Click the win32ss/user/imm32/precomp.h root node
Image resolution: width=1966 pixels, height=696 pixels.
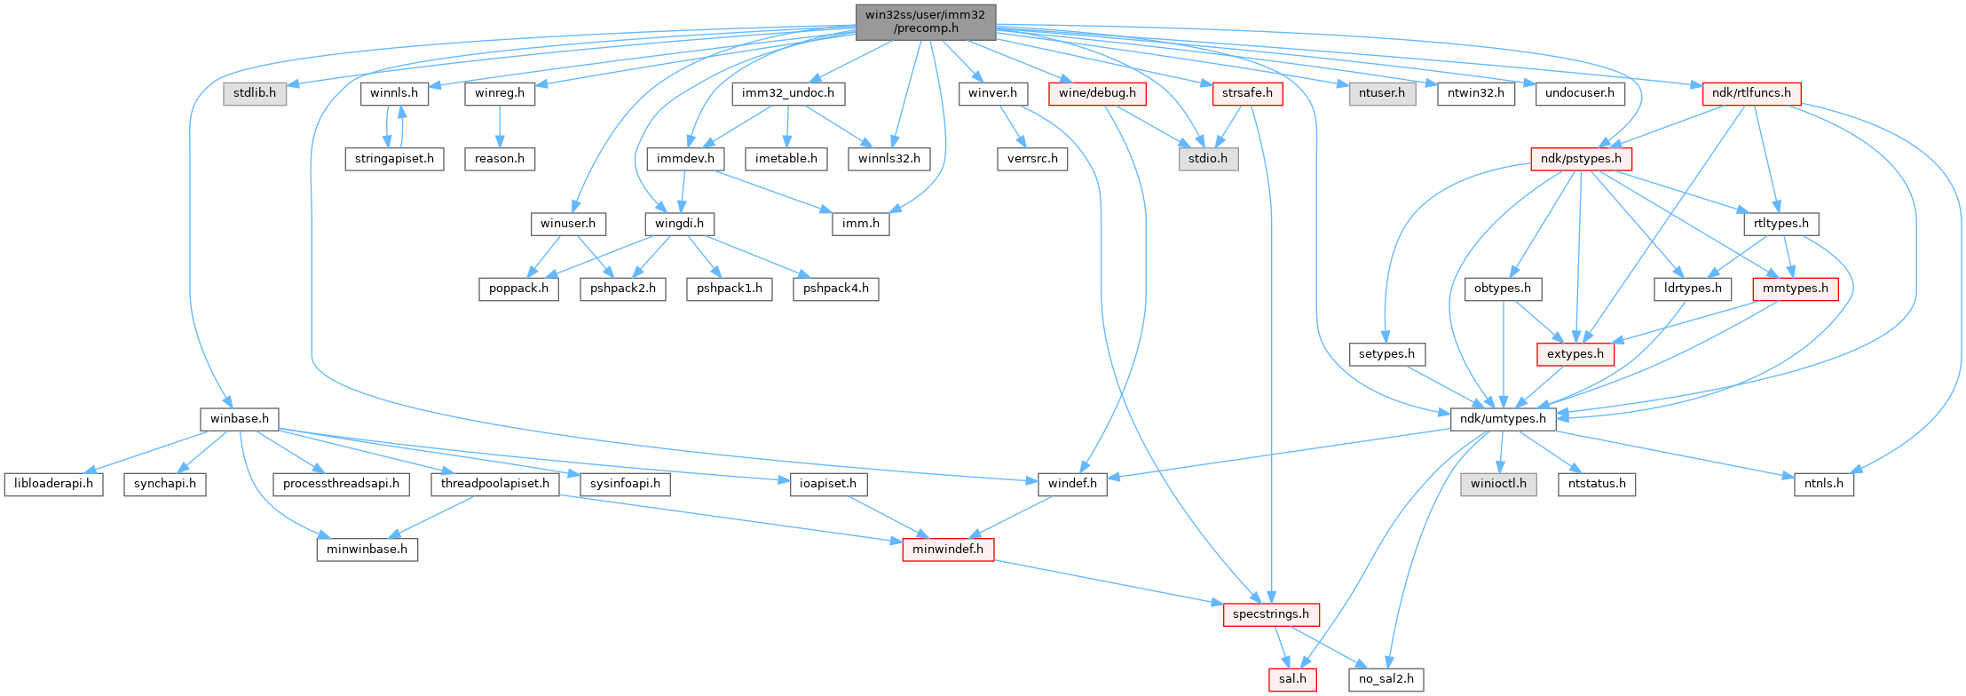[x=926, y=21]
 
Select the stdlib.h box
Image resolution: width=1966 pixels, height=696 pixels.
[x=255, y=93]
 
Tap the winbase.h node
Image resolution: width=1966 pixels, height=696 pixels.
[x=239, y=419]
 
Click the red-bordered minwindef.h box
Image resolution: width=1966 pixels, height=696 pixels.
[x=948, y=550]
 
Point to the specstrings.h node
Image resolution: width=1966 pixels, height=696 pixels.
[x=1271, y=614]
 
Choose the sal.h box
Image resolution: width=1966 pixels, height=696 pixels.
[x=1291, y=680]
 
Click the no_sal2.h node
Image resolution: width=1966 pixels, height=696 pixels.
[x=1386, y=680]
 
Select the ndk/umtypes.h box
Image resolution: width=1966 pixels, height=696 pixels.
[x=1503, y=419]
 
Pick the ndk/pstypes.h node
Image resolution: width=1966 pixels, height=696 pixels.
[x=1581, y=159]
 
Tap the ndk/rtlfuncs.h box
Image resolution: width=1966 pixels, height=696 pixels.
[x=1751, y=93]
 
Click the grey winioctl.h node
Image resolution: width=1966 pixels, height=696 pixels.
[x=1499, y=484]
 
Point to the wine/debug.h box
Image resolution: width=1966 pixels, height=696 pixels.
[x=1097, y=93]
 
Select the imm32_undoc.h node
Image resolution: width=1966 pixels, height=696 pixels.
[x=789, y=93]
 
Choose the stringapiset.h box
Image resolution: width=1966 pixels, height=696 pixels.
[x=393, y=159]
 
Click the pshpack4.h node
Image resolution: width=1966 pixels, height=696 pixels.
[x=836, y=289]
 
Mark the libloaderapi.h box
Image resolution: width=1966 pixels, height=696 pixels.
[x=54, y=484]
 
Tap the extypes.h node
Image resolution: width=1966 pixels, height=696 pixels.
[x=1575, y=354]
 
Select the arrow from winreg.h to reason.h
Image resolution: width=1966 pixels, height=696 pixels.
[x=500, y=126]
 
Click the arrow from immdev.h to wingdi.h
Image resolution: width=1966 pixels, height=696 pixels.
[x=683, y=191]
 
